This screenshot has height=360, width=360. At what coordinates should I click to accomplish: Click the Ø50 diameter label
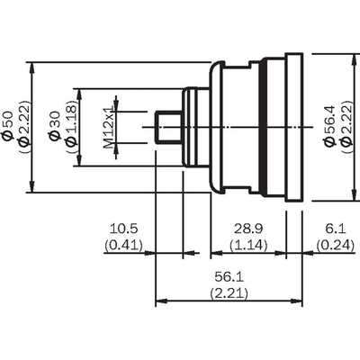[x=8, y=126]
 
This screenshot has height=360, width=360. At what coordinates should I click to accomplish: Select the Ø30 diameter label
[x=54, y=126]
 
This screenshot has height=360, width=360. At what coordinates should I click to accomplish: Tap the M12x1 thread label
[x=110, y=126]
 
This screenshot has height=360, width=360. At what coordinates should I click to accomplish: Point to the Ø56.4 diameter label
[x=330, y=126]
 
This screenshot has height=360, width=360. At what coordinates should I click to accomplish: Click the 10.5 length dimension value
[x=123, y=229]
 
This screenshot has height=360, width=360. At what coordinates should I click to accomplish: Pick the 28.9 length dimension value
[x=248, y=229]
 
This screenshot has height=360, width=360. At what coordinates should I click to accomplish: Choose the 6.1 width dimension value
[x=336, y=229]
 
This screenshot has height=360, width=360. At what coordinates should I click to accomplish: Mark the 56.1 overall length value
[x=229, y=277]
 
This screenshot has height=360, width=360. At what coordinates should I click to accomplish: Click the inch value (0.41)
[x=123, y=246]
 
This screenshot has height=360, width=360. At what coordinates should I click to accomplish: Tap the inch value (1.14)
[x=248, y=246]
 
